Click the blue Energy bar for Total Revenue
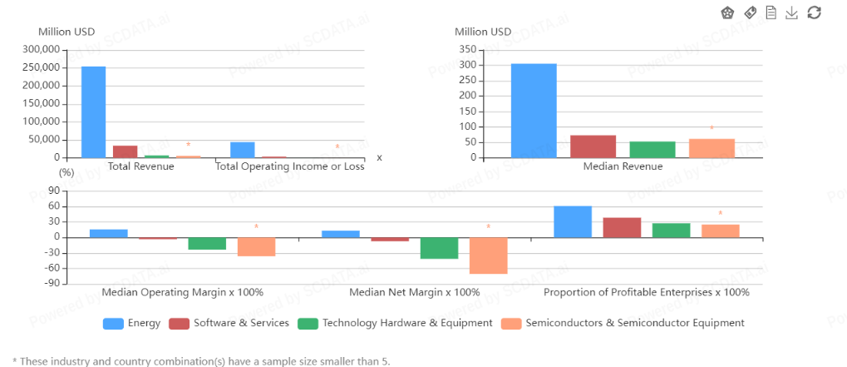tap(93, 112)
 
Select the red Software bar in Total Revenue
tap(125, 151)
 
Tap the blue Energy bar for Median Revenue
tap(534, 111)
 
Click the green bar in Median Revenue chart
tap(652, 150)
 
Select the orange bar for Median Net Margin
tap(488, 255)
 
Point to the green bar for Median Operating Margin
tap(207, 244)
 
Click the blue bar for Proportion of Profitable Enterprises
tap(573, 221)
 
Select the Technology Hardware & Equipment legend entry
tap(395, 323)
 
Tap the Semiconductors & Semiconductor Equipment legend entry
tap(623, 323)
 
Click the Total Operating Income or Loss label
tap(289, 166)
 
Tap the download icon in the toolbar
tap(792, 12)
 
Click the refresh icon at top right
tap(815, 12)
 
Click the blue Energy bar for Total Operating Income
tap(243, 150)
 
